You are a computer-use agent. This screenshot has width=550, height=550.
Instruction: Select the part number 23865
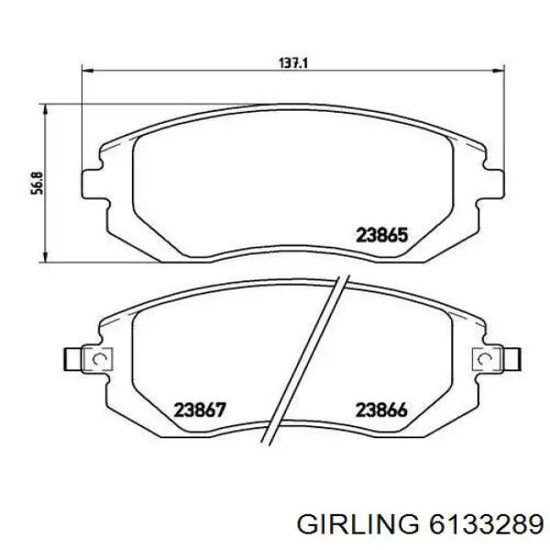[380, 235]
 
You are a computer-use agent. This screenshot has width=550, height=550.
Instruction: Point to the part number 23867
[200, 411]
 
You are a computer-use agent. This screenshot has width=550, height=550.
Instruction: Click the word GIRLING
[360, 523]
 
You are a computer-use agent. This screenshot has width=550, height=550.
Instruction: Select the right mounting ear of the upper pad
[493, 181]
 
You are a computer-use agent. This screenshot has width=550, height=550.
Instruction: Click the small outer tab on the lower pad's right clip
[515, 357]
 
